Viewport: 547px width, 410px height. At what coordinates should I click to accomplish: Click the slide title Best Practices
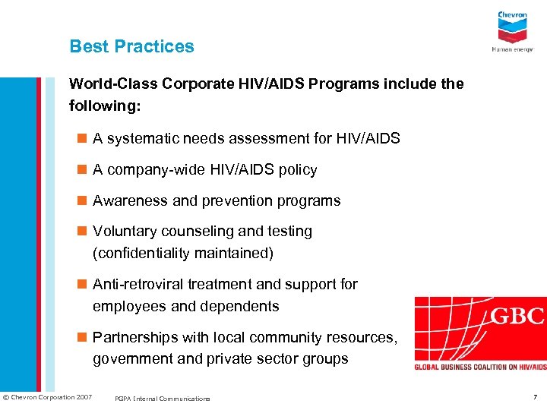[x=131, y=46]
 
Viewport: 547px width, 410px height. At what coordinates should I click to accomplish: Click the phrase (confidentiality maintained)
[x=182, y=253]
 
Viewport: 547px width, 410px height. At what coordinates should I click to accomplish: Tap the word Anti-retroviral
[x=139, y=284]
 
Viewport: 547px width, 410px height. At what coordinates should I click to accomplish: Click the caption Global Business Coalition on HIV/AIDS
[x=480, y=367]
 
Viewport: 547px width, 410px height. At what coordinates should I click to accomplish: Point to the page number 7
[x=535, y=397]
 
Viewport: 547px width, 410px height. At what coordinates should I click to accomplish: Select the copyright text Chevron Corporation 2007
[x=49, y=397]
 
